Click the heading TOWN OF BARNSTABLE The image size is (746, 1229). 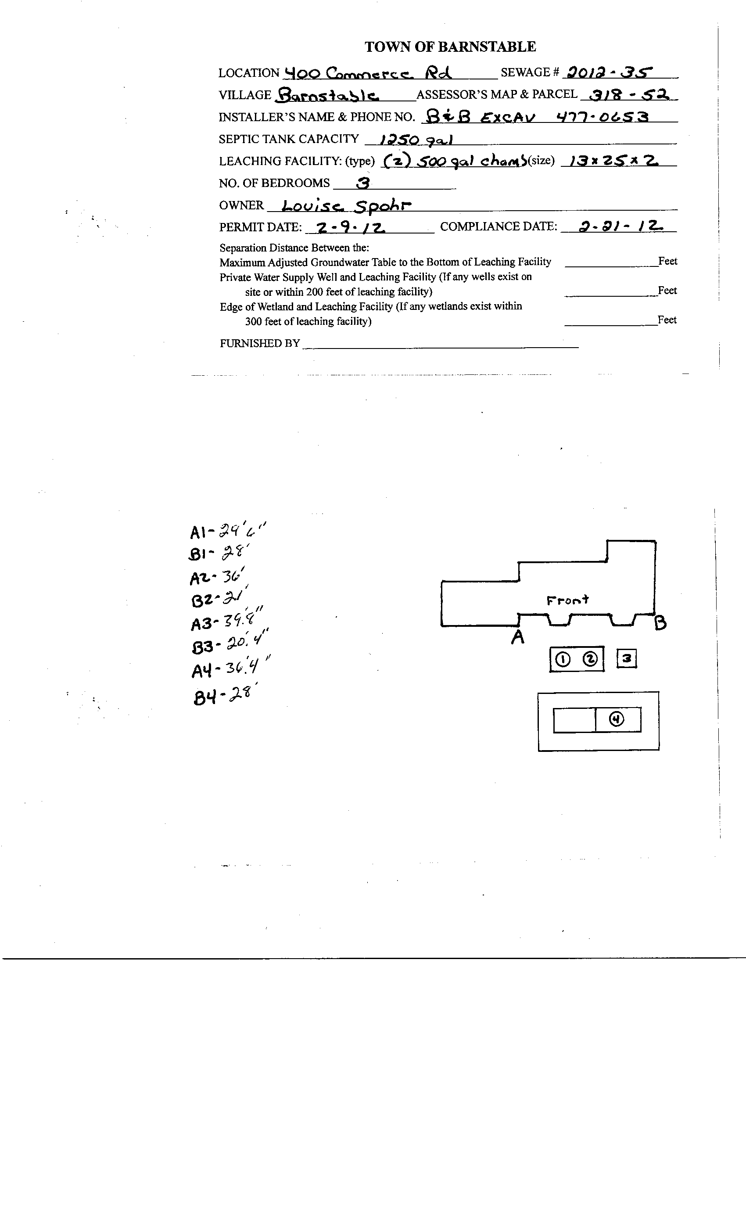450,47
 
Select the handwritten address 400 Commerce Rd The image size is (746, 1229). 367,73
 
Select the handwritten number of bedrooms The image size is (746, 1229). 363,183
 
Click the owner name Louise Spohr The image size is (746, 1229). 346,205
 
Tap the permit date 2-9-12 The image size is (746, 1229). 351,227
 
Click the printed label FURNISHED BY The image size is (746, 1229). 260,343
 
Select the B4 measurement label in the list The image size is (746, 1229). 204,697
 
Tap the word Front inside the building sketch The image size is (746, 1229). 567,600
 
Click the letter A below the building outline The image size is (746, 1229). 518,637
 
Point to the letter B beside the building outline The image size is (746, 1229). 660,623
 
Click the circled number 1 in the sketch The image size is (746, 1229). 563,659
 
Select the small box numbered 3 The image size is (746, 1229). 627,659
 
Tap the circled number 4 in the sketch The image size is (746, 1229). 617,719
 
